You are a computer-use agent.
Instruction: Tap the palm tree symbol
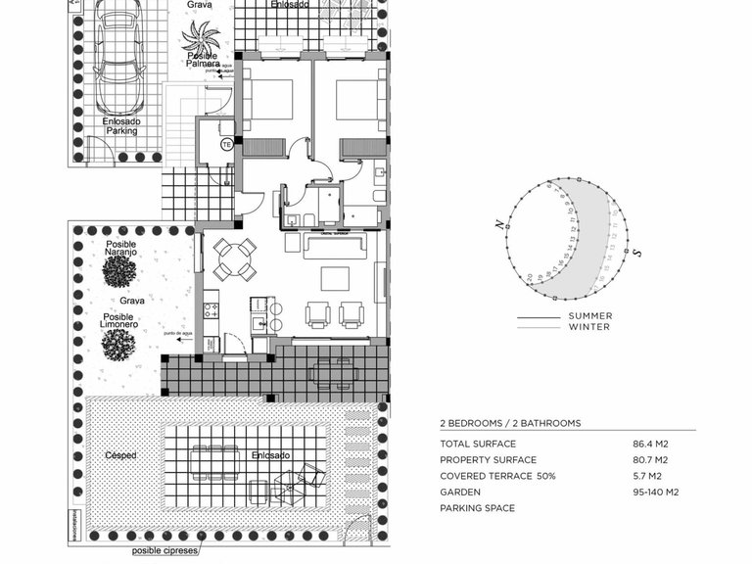pyautogui.click(x=202, y=39)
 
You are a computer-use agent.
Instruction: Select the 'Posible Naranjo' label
pyautogui.click(x=120, y=249)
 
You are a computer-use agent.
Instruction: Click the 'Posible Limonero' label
pyautogui.click(x=119, y=322)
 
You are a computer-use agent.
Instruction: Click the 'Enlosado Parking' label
pyautogui.click(x=121, y=125)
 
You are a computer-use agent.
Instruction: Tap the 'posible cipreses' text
pyautogui.click(x=165, y=551)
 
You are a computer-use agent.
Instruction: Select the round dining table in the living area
pyautogui.click(x=235, y=259)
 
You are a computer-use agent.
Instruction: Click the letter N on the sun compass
pyautogui.click(x=500, y=224)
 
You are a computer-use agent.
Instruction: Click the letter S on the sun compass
pyautogui.click(x=636, y=254)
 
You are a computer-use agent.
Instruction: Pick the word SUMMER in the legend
pyautogui.click(x=589, y=316)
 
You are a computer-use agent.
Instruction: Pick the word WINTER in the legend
pyautogui.click(x=589, y=327)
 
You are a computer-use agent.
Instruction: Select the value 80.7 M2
pyautogui.click(x=650, y=460)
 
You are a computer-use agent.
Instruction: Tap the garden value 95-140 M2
pyautogui.click(x=657, y=493)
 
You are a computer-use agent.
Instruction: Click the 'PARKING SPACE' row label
pyautogui.click(x=477, y=508)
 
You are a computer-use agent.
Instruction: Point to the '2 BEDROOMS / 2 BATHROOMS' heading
pyautogui.click(x=510, y=423)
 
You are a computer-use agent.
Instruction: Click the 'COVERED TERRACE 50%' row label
pyautogui.click(x=496, y=476)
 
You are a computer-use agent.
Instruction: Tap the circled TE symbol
pyautogui.click(x=226, y=144)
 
